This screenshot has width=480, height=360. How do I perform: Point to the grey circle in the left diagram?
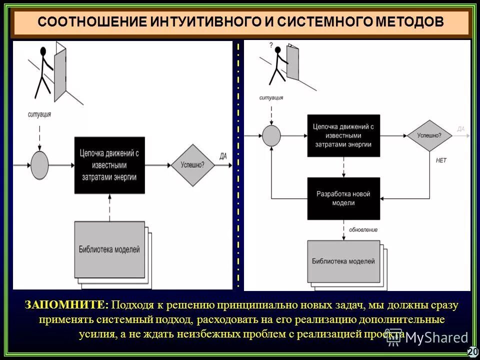[39, 164]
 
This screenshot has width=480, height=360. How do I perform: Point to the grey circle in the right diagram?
[271, 135]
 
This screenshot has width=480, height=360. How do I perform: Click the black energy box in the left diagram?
[109, 165]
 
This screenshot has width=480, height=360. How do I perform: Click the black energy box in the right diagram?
[343, 135]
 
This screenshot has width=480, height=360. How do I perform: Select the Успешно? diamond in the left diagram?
[192, 164]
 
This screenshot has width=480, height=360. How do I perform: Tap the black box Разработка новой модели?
[343, 198]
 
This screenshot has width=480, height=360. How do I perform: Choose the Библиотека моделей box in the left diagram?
[109, 249]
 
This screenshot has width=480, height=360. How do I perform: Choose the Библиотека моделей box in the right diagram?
[343, 261]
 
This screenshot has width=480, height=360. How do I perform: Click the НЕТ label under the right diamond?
[441, 160]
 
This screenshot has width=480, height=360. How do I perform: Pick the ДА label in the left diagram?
[223, 156]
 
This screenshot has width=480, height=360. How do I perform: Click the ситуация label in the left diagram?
[39, 114]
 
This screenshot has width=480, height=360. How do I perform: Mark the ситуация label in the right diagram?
[271, 98]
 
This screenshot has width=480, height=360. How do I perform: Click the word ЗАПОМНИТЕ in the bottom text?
[66, 305]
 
